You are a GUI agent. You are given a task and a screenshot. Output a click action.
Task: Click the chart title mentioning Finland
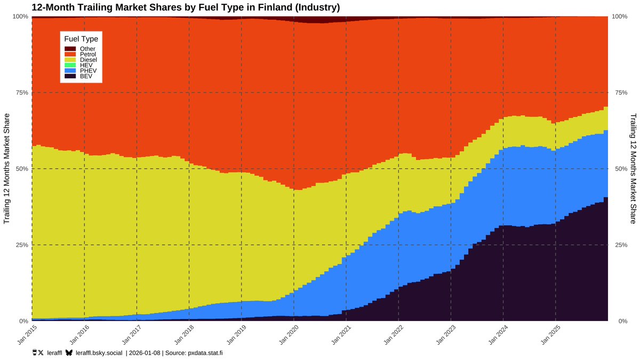pos(186,7)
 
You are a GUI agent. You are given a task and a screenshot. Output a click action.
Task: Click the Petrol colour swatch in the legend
pos(70,54)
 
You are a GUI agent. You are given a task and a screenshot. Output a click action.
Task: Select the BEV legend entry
pos(86,76)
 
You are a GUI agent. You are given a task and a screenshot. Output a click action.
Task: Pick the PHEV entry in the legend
pos(87,71)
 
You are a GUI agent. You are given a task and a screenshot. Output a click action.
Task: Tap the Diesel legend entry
pos(89,60)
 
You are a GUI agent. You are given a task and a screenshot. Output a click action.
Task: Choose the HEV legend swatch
pos(70,66)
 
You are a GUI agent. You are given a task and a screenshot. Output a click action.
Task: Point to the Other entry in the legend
pos(87,49)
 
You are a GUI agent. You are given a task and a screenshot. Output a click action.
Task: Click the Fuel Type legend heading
pos(81,39)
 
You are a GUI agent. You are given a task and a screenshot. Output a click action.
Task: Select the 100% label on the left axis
pos(20,17)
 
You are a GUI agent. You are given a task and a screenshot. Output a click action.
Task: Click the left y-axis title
pos(7,169)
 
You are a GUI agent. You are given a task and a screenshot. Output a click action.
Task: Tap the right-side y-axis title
pos(633,169)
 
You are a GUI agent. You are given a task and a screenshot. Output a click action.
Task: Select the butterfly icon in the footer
pos(69,353)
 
